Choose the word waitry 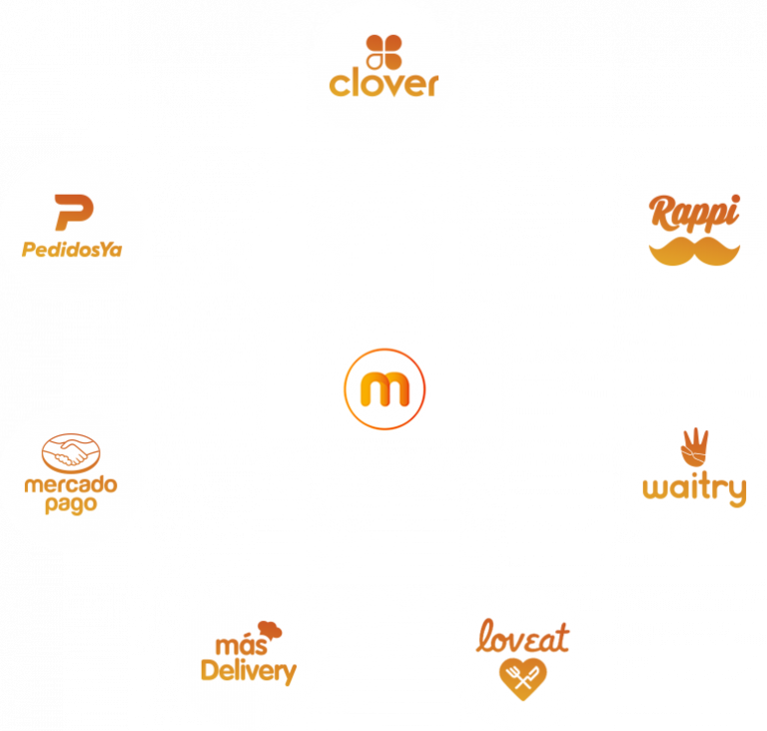(x=694, y=489)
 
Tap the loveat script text (x=522, y=635)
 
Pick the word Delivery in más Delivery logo (x=249, y=669)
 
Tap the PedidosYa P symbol (x=72, y=214)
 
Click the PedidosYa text (x=72, y=249)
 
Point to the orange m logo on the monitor (x=385, y=385)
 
